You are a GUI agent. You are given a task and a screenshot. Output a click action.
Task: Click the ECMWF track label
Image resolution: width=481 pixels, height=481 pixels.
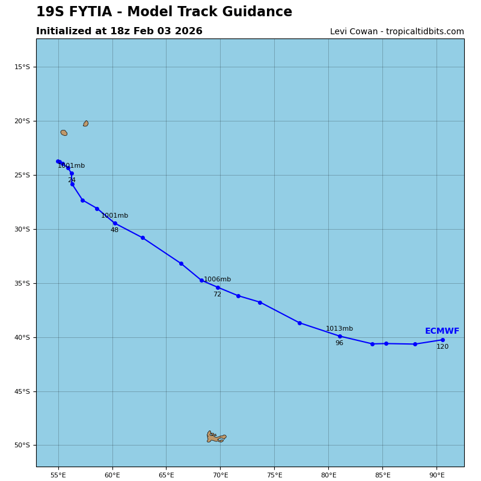442,331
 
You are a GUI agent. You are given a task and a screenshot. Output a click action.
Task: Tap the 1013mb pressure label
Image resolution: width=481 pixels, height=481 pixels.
339,329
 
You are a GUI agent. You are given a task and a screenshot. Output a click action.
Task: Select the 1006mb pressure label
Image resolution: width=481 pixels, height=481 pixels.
217,280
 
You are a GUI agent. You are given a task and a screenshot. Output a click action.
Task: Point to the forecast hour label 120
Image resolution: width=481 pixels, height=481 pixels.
443,347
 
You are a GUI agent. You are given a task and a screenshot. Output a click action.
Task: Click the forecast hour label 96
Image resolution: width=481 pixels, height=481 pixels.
339,343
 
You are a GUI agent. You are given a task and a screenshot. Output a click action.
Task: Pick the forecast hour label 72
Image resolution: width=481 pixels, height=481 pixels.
217,295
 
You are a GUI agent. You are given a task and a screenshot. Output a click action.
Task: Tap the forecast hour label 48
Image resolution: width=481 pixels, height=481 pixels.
114,230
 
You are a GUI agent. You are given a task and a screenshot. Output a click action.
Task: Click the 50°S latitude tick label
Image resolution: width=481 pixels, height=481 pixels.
22,446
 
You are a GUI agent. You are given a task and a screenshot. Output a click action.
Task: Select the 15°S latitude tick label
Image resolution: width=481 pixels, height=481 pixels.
22,67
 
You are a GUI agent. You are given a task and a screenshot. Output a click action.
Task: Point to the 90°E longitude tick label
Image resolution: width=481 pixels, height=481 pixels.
437,476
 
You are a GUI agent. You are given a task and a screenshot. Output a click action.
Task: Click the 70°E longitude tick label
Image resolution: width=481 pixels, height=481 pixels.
220,476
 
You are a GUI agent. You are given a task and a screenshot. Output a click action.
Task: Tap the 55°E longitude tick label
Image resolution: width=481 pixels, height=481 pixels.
58,476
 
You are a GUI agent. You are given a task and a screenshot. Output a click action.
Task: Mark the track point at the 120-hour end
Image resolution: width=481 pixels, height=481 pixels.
443,340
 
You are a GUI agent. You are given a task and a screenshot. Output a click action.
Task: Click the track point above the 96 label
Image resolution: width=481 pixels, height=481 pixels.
340,336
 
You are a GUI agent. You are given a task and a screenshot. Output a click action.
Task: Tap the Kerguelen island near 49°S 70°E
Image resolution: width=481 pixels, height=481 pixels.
216,437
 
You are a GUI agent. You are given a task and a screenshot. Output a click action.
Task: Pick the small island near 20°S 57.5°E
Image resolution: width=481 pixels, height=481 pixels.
86,123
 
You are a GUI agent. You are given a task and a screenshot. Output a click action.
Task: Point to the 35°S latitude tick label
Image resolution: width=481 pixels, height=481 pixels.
22,283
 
